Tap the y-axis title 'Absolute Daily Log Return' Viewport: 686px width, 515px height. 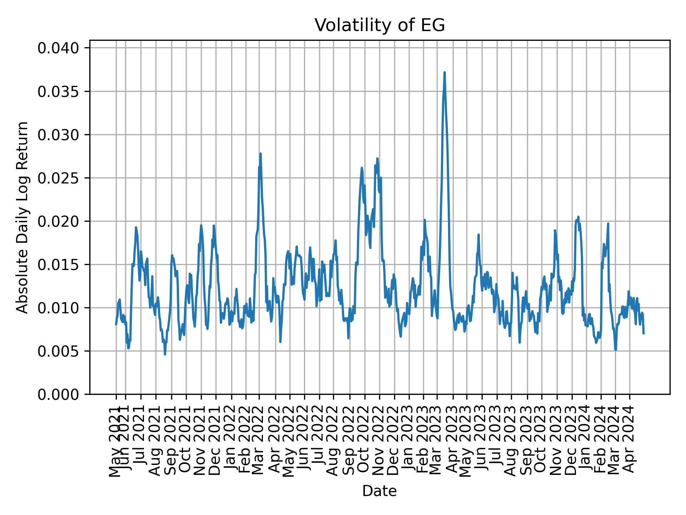(x=23, y=217)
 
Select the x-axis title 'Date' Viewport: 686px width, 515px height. (x=379, y=491)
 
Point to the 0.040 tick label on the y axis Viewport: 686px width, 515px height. (x=59, y=48)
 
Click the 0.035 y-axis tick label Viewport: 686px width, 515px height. (x=59, y=91)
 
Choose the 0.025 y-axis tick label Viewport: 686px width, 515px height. (x=59, y=178)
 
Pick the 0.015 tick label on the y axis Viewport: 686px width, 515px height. (x=59, y=265)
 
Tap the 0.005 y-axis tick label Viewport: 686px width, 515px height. (x=59, y=351)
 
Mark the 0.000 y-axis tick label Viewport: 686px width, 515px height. (x=59, y=394)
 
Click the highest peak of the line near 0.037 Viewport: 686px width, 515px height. (x=444, y=73)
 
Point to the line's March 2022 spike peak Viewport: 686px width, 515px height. (x=260, y=154)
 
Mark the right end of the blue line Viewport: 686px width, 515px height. (x=643, y=333)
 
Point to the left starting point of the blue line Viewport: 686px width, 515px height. (x=116, y=324)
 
